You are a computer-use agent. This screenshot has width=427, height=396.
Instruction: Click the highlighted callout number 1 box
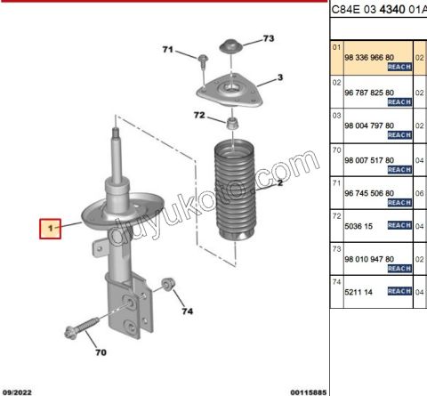coord(51,229)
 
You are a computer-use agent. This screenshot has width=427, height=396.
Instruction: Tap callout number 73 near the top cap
coord(269,38)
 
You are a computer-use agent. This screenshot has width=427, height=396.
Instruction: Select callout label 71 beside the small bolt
coord(168,49)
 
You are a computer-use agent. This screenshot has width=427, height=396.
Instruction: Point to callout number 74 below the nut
coord(188,311)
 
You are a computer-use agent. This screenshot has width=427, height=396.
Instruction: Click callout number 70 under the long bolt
coord(101,352)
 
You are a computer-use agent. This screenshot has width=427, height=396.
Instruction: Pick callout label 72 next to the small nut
coord(199,115)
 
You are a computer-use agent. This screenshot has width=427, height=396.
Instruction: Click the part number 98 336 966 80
coord(369,58)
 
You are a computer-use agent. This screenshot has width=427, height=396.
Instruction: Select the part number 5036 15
coord(359,226)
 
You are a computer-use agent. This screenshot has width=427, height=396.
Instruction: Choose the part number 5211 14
coord(359,292)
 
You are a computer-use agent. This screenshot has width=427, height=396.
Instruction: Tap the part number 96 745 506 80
coord(369,193)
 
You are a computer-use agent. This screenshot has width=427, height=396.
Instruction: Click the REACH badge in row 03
coord(399,135)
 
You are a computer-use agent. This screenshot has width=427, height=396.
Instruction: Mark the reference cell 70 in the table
coord(337,150)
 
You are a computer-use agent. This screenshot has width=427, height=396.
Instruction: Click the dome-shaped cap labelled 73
coord(231,46)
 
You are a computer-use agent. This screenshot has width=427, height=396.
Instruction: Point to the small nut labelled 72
coord(233,124)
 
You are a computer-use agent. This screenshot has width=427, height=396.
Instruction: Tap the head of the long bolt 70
coord(69,333)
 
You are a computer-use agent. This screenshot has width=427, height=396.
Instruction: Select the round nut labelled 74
coord(168,284)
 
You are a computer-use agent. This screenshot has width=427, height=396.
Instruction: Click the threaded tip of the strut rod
coord(116,133)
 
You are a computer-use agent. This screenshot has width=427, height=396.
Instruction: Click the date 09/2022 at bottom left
coord(17,392)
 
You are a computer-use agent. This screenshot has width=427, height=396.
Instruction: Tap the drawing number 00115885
coord(309,392)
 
